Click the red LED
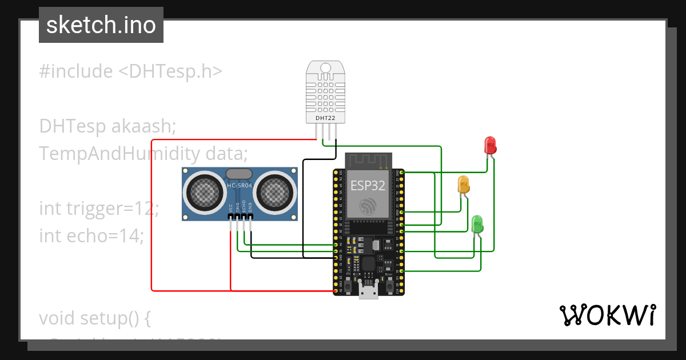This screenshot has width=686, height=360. (490, 145)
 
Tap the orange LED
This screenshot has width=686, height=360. (463, 185)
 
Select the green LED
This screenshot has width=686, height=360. (477, 223)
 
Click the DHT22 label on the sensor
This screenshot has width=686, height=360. (326, 118)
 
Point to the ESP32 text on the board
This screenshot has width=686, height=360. (368, 186)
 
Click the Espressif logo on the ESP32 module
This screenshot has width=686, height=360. (368, 206)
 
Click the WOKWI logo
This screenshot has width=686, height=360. (607, 315)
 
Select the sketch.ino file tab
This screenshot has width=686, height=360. (101, 25)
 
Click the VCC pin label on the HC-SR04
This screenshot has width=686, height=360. (231, 209)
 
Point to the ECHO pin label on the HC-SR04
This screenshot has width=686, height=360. (244, 207)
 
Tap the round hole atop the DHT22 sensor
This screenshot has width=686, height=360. (326, 68)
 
